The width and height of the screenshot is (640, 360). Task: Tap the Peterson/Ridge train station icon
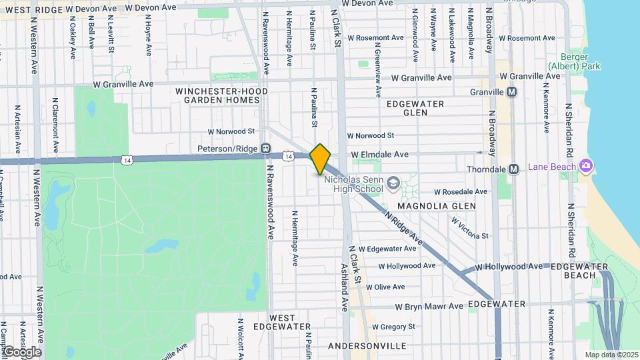click(266, 148)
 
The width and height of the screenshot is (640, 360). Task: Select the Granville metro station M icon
click(512, 92)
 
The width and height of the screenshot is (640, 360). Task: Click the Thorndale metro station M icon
click(513, 169)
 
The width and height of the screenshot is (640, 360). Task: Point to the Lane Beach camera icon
click(586, 165)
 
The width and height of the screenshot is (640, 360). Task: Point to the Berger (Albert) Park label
click(574, 61)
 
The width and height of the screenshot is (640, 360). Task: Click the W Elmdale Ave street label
click(380, 155)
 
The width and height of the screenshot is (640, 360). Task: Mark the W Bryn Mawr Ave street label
click(429, 307)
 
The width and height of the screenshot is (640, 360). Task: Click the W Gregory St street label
click(393, 327)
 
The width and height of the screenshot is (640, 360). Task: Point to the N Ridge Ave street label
click(404, 227)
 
